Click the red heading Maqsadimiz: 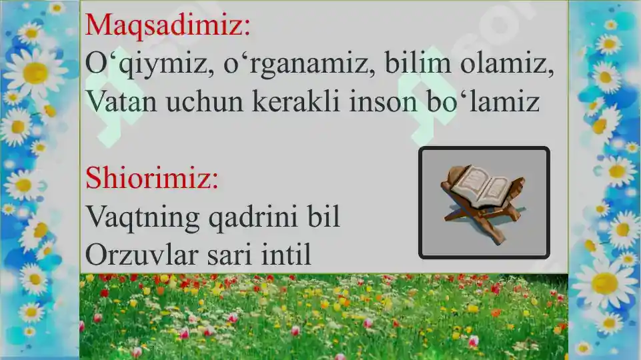[168, 25]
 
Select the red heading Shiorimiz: [153, 179]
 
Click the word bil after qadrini [325, 217]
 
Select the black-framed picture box [484, 202]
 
